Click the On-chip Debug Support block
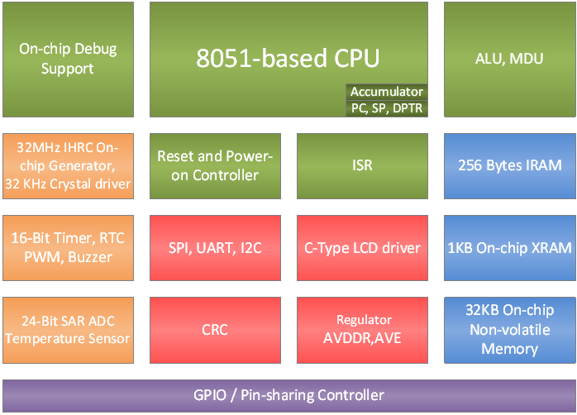click(68, 59)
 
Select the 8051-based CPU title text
click(288, 58)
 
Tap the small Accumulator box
click(386, 92)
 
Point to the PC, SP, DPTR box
click(386, 107)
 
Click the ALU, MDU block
click(509, 59)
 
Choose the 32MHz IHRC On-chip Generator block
click(68, 165)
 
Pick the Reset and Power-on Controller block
click(215, 165)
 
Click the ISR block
click(362, 165)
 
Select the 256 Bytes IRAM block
click(509, 165)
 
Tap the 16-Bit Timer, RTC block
click(68, 247)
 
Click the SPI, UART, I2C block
click(215, 247)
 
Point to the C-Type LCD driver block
click(362, 247)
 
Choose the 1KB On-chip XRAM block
click(509, 247)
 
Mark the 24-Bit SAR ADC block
click(68, 329)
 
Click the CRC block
click(215, 329)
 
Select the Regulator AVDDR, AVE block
click(362, 329)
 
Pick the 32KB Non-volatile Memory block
click(509, 329)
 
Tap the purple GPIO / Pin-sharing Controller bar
click(288, 394)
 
